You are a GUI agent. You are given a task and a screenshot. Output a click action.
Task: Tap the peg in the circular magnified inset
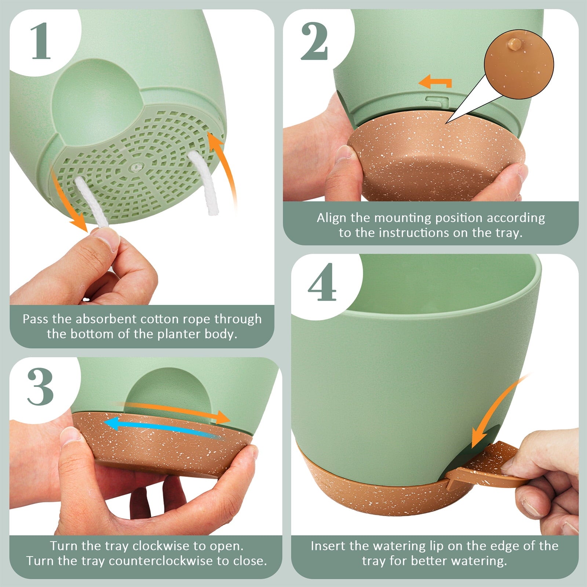pyautogui.click(x=514, y=45)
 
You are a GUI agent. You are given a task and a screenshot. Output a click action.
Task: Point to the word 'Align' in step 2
pyautogui.click(x=332, y=218)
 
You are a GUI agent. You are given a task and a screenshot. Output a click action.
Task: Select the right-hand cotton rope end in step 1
pyautogui.click(x=204, y=183)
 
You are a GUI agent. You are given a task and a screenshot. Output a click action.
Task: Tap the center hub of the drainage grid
pyautogui.click(x=137, y=167)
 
